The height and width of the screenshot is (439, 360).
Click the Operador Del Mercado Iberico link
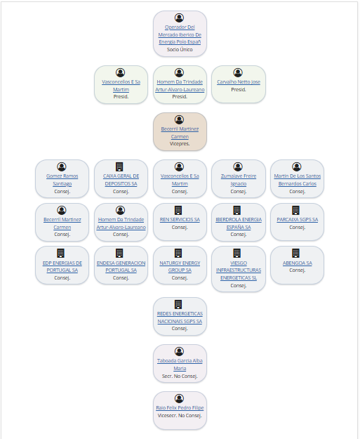(x=180, y=34)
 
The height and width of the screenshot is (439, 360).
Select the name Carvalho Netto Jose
(x=239, y=81)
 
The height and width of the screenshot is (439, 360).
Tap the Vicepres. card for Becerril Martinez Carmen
(x=180, y=131)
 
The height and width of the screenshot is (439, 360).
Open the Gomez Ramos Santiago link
(x=62, y=180)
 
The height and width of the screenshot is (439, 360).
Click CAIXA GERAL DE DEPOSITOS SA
(x=121, y=180)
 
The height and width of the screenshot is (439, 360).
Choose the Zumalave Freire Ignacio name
(x=239, y=180)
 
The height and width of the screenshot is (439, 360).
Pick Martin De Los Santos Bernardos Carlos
(x=298, y=180)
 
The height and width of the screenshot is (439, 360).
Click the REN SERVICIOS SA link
(x=180, y=219)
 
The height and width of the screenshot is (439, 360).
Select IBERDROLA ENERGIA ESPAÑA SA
(x=239, y=223)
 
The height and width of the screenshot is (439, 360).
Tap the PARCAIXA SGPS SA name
(x=298, y=219)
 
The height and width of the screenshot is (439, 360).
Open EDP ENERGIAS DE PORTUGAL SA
(x=62, y=266)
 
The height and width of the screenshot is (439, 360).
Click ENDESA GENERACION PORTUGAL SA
(x=121, y=266)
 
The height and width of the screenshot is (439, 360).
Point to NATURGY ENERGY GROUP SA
(x=180, y=266)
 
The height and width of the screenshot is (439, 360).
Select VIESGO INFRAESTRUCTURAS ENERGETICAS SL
(x=239, y=270)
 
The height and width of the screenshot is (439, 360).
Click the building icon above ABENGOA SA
(x=295, y=253)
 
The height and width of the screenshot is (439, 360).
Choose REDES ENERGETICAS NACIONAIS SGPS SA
(x=180, y=317)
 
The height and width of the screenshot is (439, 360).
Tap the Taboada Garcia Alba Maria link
(x=180, y=365)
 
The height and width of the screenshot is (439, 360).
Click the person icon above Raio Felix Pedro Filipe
(x=180, y=398)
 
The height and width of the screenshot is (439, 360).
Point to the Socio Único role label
(x=180, y=50)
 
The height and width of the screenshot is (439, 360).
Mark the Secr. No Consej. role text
(x=180, y=376)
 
